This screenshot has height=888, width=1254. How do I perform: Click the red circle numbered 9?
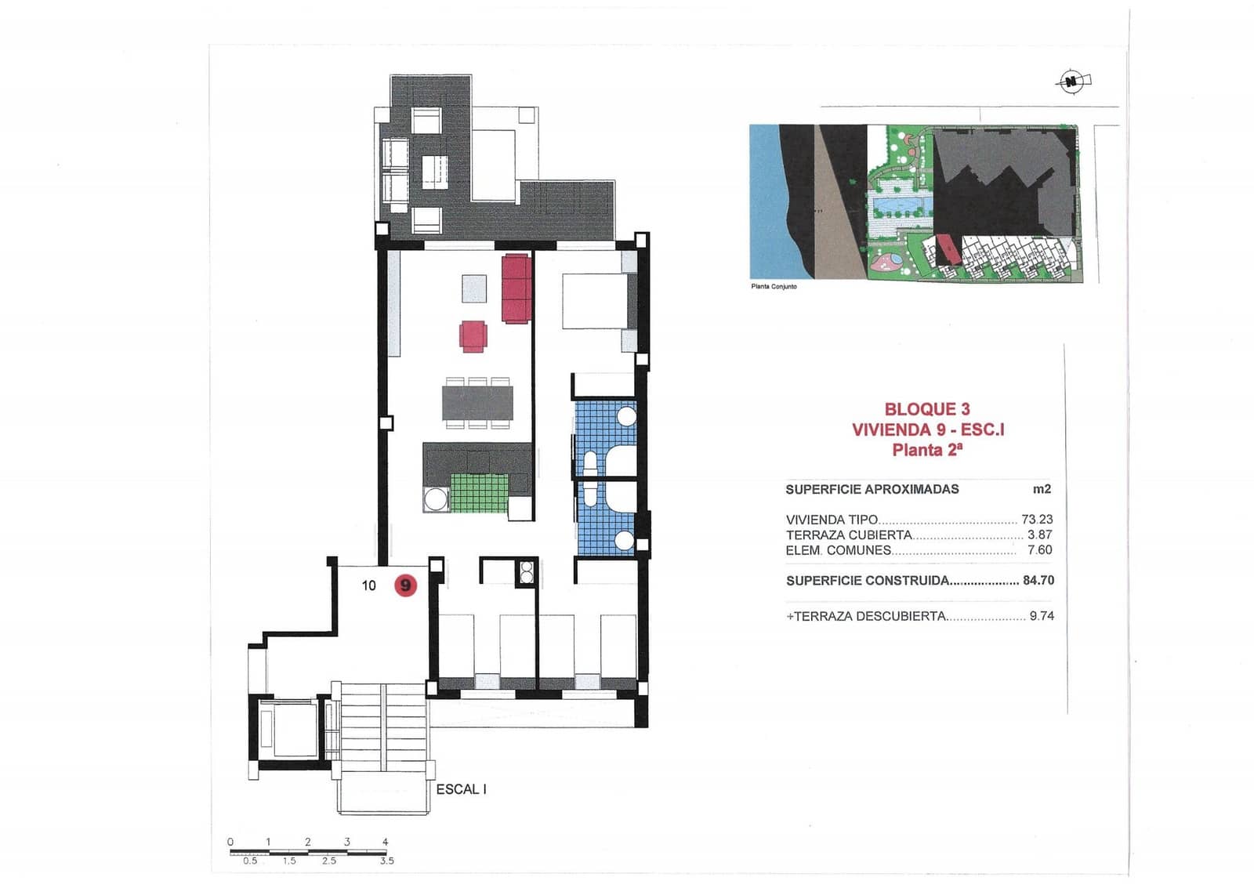point(405,585)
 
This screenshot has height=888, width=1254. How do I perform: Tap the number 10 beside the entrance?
point(368,585)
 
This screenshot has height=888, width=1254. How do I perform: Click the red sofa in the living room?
point(516,288)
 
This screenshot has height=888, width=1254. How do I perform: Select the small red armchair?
point(473,335)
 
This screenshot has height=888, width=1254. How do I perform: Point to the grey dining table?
point(477,403)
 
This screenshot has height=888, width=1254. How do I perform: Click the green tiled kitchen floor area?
point(480,493)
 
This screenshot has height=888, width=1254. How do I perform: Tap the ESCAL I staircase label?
point(461,789)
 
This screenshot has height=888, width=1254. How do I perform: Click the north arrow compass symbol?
point(1071,81)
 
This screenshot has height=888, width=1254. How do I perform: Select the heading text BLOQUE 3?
point(927,409)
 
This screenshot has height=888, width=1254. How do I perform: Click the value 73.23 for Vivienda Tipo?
point(1037,520)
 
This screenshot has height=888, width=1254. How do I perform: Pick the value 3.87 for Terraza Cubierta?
point(1039,535)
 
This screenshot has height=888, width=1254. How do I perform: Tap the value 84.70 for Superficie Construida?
point(1038,581)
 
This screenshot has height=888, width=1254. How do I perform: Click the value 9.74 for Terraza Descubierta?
point(1042,616)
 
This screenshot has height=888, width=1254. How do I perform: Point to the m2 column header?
point(1042,489)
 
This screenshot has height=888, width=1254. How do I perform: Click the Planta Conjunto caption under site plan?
point(774,287)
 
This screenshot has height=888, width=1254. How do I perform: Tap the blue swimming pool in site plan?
point(901,207)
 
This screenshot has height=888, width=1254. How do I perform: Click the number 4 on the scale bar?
point(385,842)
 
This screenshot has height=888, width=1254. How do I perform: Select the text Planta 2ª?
point(927,450)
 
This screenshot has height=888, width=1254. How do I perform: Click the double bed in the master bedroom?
point(596,300)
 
